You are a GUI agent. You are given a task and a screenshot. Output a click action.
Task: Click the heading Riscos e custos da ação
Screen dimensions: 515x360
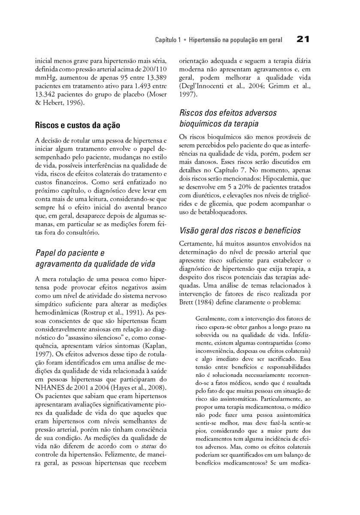(x=77, y=125)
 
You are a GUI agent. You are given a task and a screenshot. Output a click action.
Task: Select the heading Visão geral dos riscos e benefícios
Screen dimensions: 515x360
(x=240, y=230)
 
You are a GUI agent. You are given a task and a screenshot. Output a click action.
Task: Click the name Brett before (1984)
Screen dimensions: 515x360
(x=188, y=303)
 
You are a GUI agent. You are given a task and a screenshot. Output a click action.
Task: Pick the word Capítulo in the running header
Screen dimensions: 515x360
(x=168, y=40)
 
